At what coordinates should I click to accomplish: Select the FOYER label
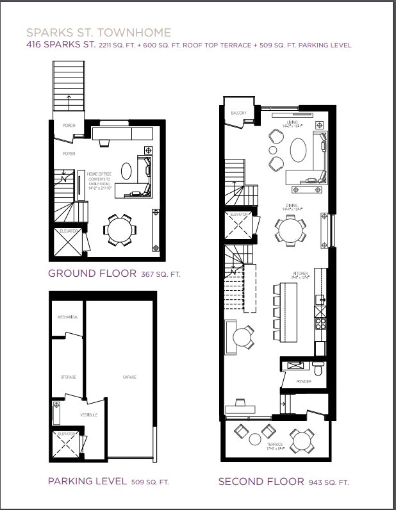point(69,154)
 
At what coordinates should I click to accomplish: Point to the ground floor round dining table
point(119,230)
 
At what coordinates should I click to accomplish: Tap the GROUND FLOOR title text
point(91,274)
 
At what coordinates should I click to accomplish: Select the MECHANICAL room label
point(68,317)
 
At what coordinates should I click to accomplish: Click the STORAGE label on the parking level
point(68,377)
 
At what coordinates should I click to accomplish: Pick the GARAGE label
point(129,377)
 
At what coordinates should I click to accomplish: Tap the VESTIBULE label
point(89,415)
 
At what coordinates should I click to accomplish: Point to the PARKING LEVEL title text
point(87,481)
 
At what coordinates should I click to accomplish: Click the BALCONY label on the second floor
point(238,113)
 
